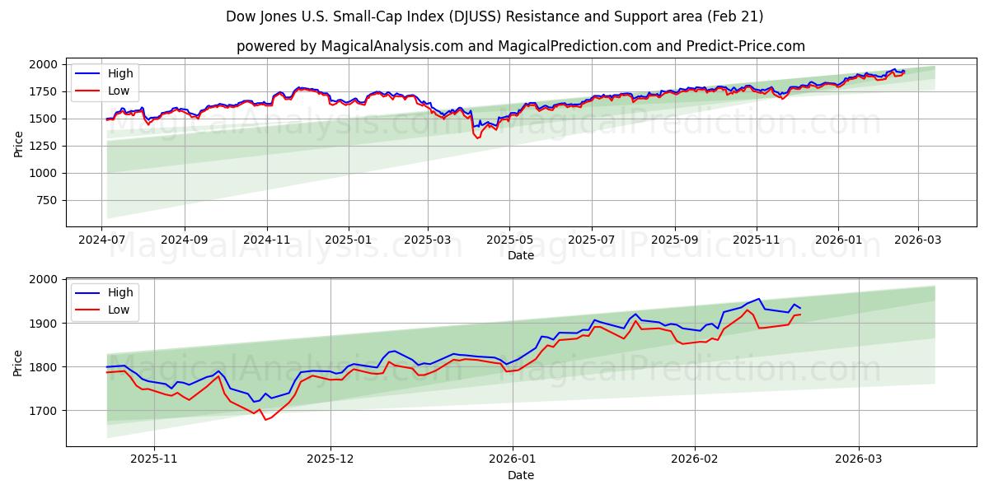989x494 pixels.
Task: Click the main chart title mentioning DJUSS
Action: point(494,16)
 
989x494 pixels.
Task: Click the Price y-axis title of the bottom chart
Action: point(18,362)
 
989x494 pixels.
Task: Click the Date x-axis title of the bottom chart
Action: point(520,475)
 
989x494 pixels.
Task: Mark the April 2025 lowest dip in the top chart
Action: point(477,137)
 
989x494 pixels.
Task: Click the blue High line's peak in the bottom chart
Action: point(758,299)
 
